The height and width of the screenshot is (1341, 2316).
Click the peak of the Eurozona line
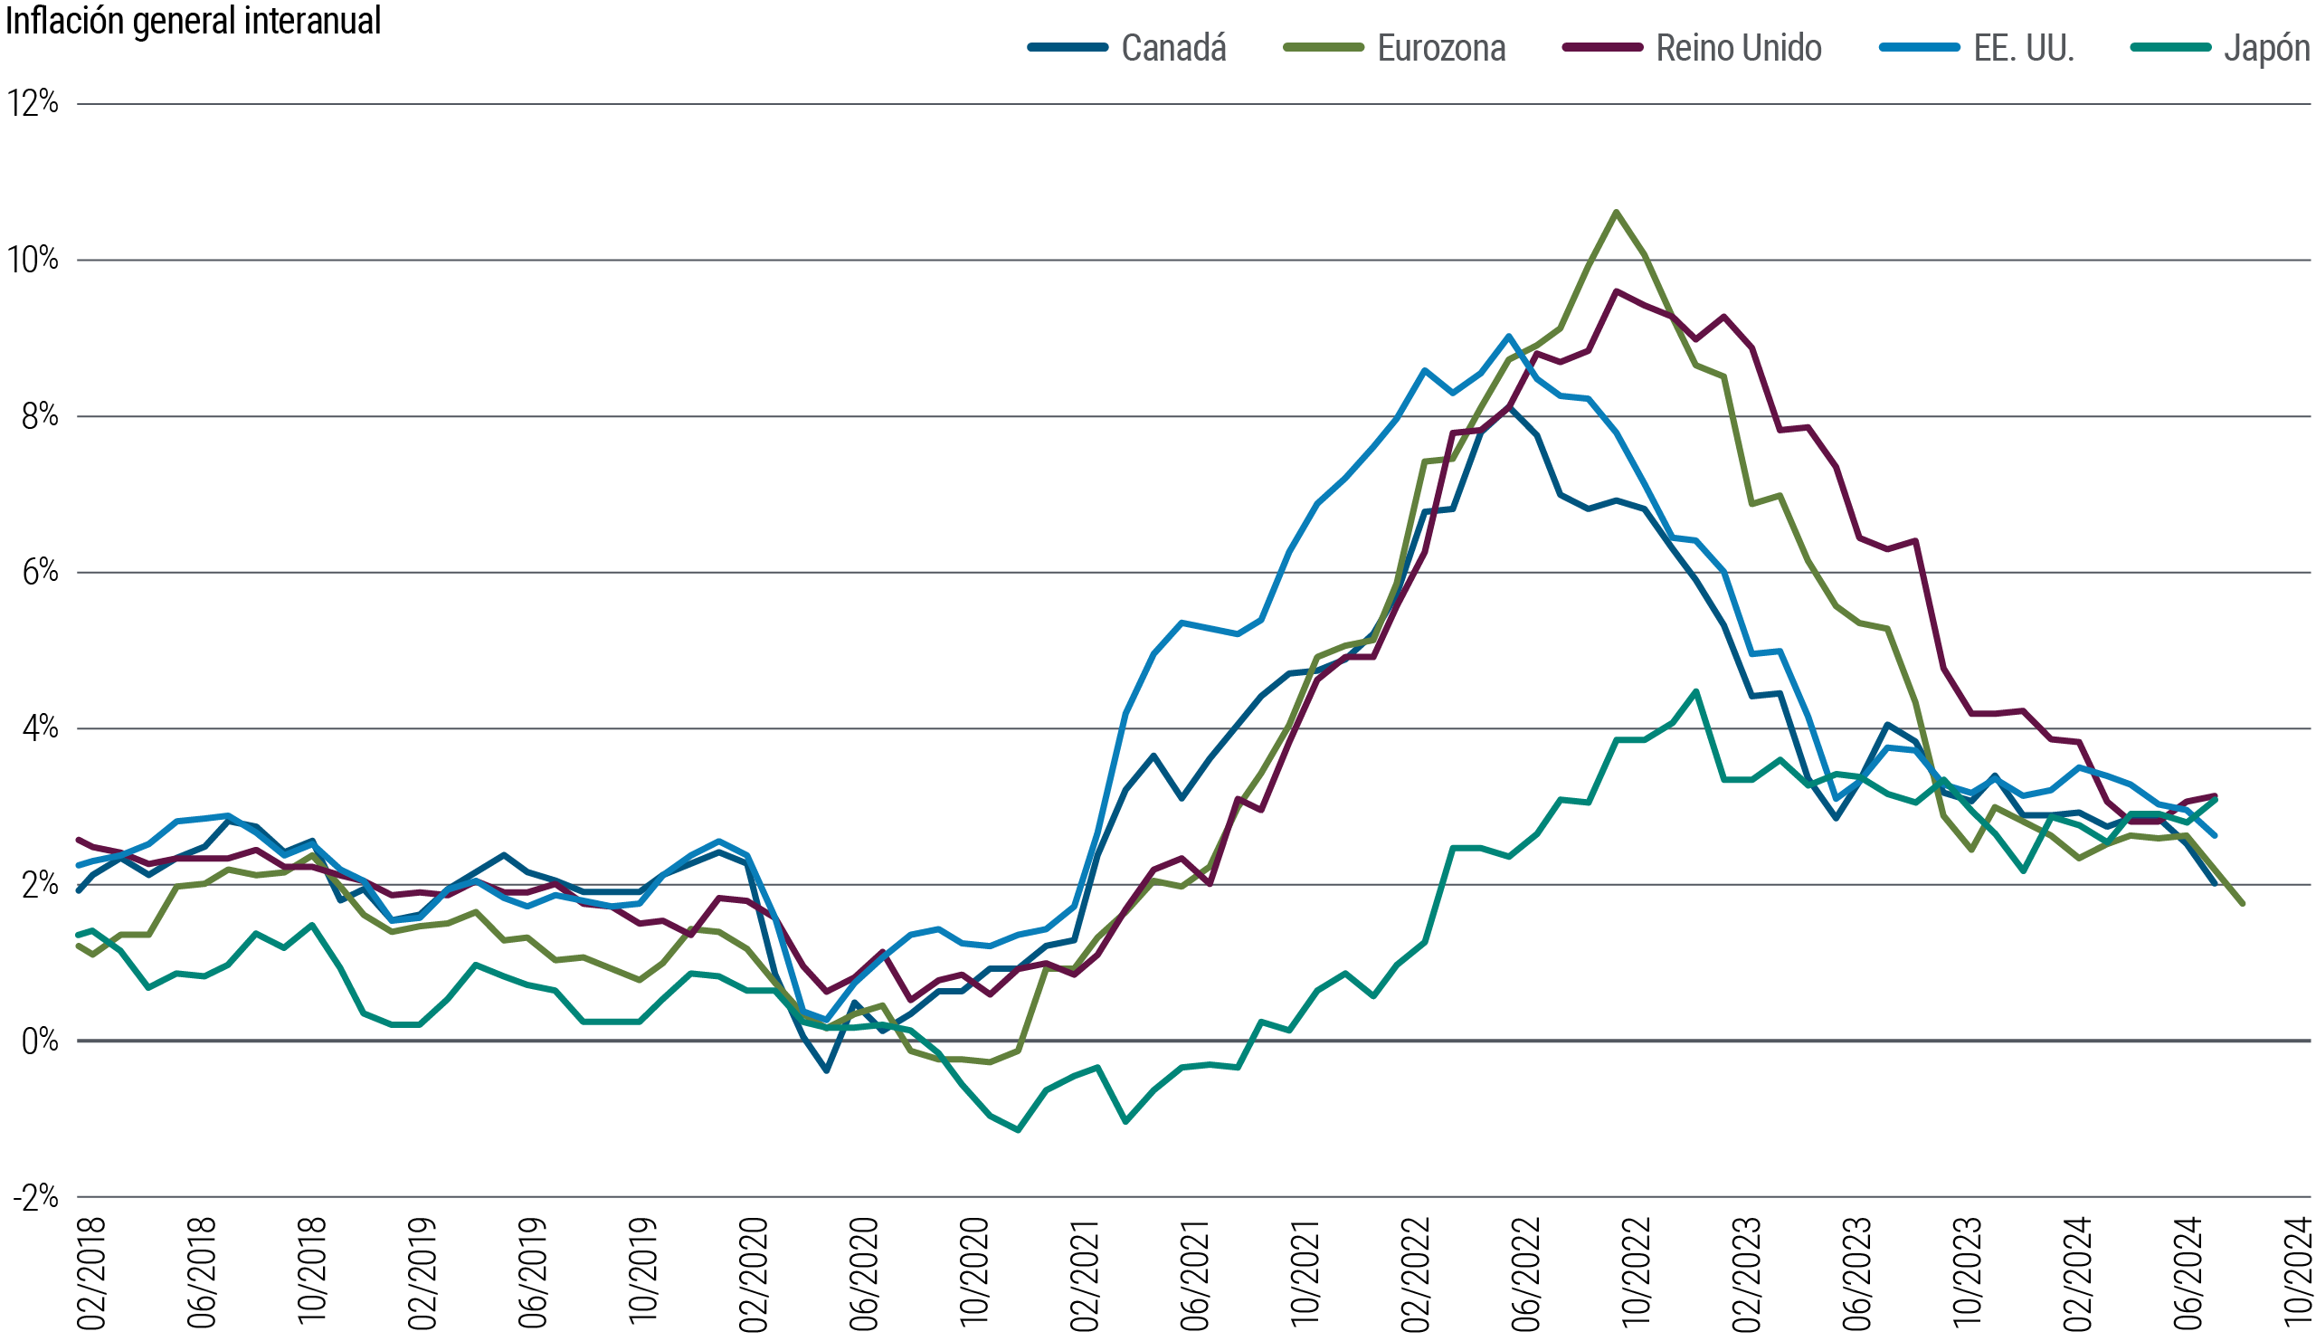(x=1616, y=212)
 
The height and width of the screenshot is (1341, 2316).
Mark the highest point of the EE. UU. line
(x=1507, y=337)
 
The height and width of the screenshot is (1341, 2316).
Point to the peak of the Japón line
(x=1696, y=690)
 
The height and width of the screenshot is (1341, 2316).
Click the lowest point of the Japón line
(x=1019, y=1129)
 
